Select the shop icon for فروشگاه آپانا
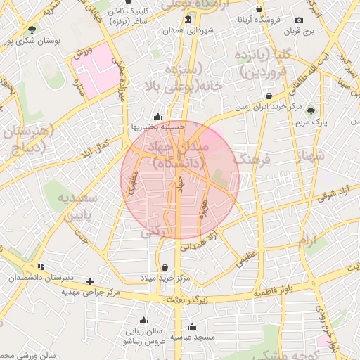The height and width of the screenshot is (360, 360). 259,10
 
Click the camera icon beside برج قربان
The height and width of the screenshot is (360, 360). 300,20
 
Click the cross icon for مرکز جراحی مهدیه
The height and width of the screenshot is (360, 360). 90,282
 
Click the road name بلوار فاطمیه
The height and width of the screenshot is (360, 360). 279,291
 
